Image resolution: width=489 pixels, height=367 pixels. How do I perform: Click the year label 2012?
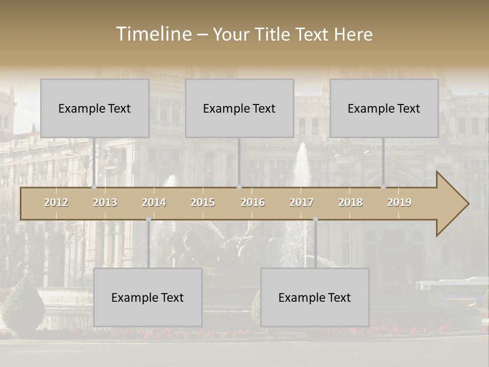click(56, 202)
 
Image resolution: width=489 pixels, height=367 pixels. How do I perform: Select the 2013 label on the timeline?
click(105, 202)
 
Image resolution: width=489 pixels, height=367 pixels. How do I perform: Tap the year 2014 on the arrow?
click(154, 202)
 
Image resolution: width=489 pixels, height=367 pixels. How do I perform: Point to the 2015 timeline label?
click(203, 202)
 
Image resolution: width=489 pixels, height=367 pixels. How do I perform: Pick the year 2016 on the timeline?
click(253, 202)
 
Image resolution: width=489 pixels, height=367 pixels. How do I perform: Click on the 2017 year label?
click(302, 202)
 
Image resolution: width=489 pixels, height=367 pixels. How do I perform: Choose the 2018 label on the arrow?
click(350, 202)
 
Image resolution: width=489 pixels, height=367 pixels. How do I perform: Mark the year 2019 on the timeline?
click(399, 202)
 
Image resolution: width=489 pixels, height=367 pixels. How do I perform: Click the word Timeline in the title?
click(153, 34)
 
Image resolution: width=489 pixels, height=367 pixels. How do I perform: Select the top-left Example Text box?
click(95, 108)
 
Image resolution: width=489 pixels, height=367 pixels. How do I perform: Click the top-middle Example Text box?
click(239, 108)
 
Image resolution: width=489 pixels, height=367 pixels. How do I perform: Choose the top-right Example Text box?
click(384, 108)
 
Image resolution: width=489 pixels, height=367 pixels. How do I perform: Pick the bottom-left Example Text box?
click(148, 297)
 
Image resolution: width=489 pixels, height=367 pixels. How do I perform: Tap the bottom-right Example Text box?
click(315, 297)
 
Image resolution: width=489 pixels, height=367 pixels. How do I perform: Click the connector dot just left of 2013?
click(94, 187)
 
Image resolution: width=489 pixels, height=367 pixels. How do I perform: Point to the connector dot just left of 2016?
click(239, 187)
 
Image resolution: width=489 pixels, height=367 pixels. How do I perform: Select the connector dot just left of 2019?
click(384, 187)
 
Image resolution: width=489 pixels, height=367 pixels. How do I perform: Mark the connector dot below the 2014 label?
click(148, 219)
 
